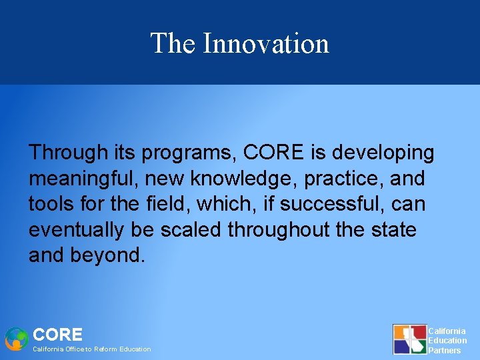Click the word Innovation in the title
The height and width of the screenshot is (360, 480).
[x=265, y=43]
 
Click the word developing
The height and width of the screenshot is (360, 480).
[x=383, y=153]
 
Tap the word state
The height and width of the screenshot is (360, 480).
[x=391, y=230]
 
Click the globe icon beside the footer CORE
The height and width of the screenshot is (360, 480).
[x=16, y=339]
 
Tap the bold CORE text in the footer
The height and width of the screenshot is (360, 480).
[x=58, y=335]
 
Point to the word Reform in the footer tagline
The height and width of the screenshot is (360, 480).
[x=106, y=349]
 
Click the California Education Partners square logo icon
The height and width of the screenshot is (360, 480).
[x=409, y=339]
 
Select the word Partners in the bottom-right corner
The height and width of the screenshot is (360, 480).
[x=444, y=351]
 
